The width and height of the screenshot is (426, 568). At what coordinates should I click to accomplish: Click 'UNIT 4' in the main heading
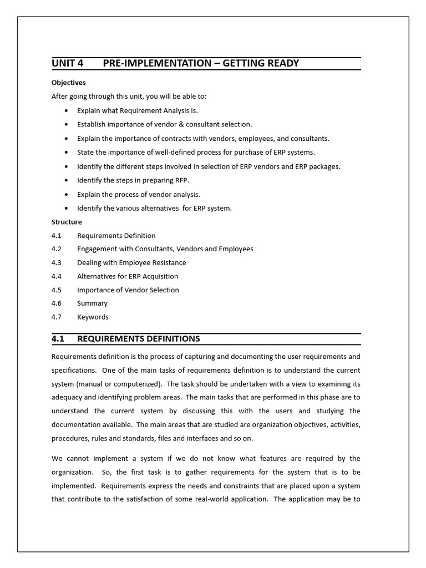tap(67, 63)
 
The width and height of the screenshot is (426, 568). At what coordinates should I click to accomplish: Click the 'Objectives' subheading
tap(69, 83)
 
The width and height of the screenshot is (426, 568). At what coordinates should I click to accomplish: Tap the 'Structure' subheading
tap(67, 222)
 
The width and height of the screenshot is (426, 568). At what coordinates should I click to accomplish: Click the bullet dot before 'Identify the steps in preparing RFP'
tap(67, 181)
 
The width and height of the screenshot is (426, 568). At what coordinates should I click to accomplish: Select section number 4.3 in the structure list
tap(57, 262)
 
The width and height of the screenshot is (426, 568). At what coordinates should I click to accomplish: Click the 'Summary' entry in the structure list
tap(92, 303)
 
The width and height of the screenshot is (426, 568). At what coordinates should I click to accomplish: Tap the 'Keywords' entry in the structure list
tap(93, 317)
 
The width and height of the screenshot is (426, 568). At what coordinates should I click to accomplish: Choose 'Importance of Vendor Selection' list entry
tap(128, 290)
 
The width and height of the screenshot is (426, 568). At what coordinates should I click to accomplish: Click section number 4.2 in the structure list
tap(57, 249)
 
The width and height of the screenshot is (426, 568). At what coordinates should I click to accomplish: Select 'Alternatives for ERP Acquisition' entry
tap(128, 276)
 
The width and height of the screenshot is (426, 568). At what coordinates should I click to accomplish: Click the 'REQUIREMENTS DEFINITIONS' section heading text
tap(138, 339)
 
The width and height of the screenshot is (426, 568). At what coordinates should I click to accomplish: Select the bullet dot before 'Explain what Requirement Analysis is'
tap(67, 111)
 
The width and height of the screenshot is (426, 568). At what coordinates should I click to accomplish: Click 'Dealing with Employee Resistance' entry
tap(131, 262)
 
